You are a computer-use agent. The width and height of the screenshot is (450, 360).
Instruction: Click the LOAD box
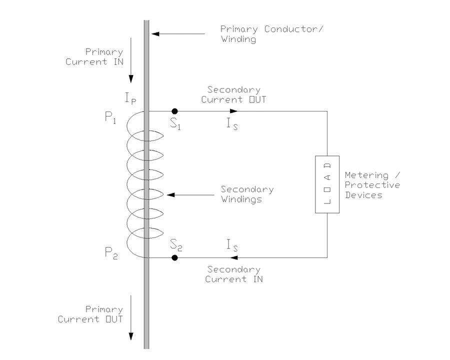pyautogui.click(x=327, y=184)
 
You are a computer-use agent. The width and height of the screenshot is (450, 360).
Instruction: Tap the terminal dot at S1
pyautogui.click(x=174, y=111)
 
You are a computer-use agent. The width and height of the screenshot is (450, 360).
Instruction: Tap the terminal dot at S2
pyautogui.click(x=174, y=257)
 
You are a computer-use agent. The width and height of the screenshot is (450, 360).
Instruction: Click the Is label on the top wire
pyautogui.click(x=231, y=123)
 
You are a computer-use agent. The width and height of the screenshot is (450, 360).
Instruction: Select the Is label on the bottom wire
pyautogui.click(x=231, y=246)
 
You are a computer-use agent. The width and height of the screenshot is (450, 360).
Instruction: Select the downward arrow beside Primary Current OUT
pyautogui.click(x=131, y=320)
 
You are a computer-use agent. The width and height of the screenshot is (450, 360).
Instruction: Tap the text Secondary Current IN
pyautogui.click(x=233, y=274)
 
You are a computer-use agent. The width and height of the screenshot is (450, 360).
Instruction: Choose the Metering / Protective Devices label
pyautogui.click(x=372, y=185)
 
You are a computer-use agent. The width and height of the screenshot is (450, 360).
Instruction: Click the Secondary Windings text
pyautogui.click(x=247, y=194)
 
